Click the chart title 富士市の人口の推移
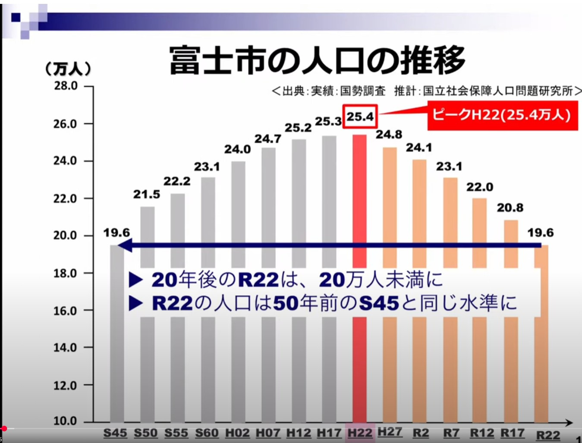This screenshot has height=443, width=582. (x=317, y=60)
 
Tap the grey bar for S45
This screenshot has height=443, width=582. (x=117, y=345)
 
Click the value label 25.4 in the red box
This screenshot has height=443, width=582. (x=360, y=116)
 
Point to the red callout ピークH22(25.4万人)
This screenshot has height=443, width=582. (x=502, y=115)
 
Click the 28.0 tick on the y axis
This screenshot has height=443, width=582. (x=66, y=86)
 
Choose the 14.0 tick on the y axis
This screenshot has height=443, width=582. (x=66, y=347)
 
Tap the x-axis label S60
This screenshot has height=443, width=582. (x=207, y=433)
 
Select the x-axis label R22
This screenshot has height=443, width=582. (x=548, y=435)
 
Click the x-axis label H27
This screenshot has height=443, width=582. (x=390, y=432)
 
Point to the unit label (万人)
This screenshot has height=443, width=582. (x=68, y=69)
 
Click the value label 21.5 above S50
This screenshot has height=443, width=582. (x=146, y=195)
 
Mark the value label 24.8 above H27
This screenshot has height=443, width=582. (x=389, y=135)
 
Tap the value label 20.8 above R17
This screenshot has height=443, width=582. (x=510, y=207)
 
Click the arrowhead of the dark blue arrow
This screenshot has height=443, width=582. (x=124, y=246)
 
